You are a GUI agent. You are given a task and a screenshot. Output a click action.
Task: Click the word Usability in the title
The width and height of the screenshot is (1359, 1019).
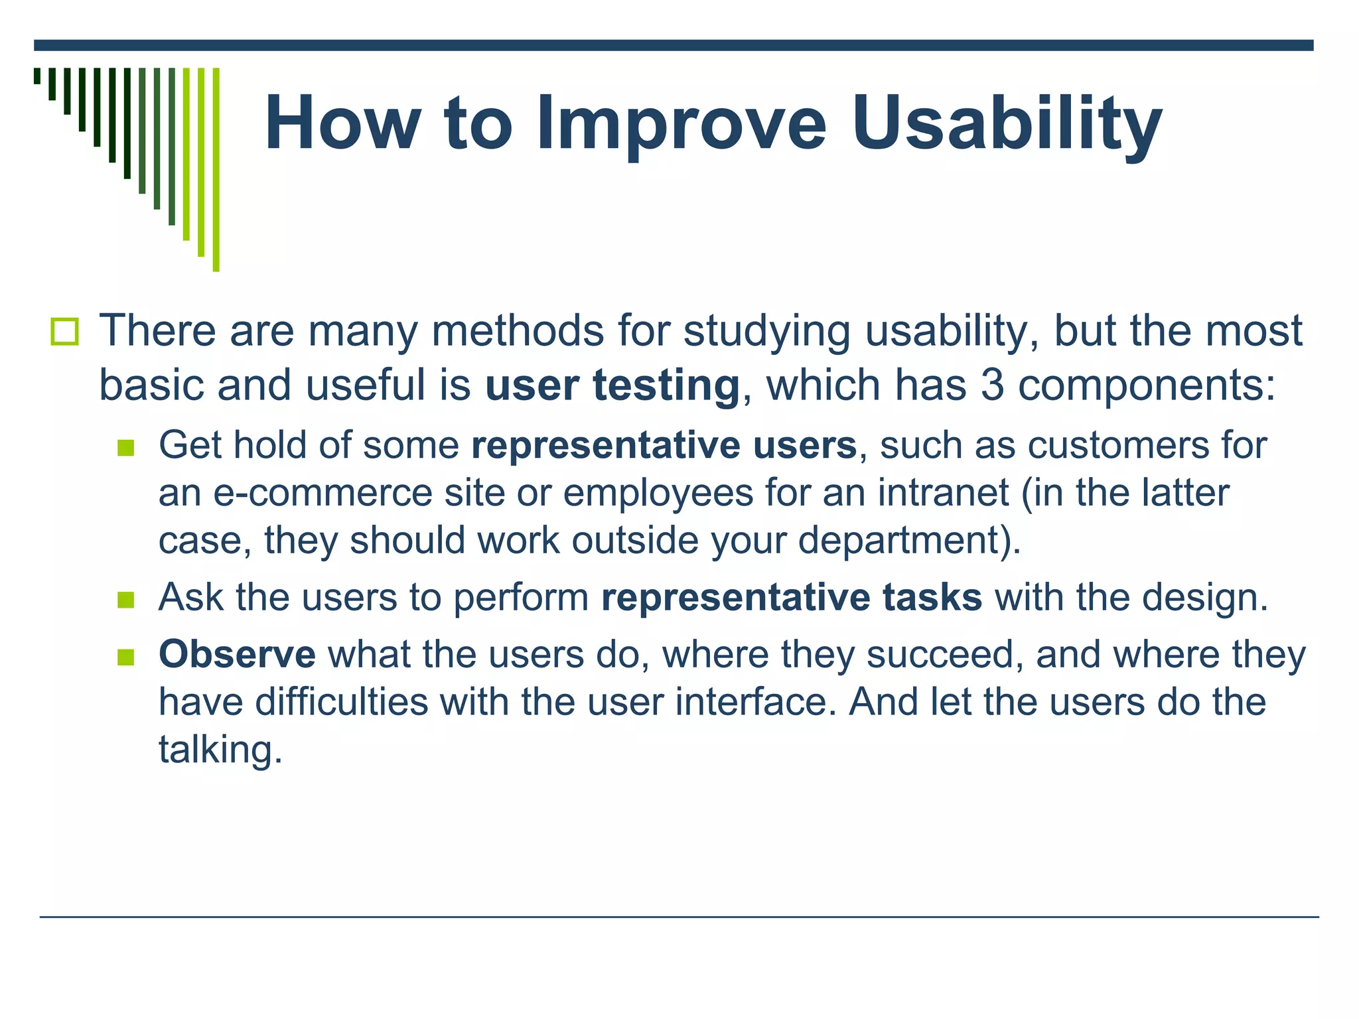[1007, 124]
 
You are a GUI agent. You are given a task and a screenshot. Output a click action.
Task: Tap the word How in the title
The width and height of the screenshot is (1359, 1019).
[342, 124]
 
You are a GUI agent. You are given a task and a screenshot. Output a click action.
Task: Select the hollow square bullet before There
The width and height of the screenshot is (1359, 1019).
[64, 332]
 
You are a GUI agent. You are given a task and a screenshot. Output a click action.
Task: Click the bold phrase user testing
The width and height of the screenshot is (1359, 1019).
[612, 385]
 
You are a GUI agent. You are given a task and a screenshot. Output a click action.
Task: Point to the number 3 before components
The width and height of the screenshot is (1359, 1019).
[992, 385]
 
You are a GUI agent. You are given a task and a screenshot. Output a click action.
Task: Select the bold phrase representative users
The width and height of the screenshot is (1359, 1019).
[664, 445]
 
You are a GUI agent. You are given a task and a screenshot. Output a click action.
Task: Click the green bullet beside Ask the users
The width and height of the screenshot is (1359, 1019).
[125, 600]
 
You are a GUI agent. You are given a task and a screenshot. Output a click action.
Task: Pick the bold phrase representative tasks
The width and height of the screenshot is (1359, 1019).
[791, 597]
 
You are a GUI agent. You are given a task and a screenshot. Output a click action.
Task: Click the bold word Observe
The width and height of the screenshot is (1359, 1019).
[237, 654]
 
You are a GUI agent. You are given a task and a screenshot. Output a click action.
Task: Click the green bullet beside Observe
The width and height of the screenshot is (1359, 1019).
[125, 657]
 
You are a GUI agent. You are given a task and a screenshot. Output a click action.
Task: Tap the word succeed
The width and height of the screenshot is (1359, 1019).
[940, 654]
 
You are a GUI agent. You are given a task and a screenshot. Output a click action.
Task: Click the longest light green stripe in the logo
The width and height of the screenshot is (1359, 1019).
[216, 169]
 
